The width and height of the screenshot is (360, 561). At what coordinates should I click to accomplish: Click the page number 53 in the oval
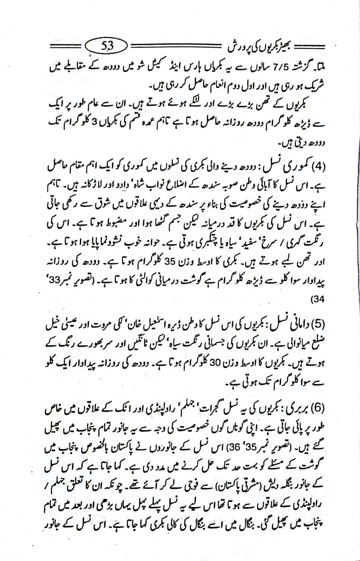(x=107, y=47)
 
